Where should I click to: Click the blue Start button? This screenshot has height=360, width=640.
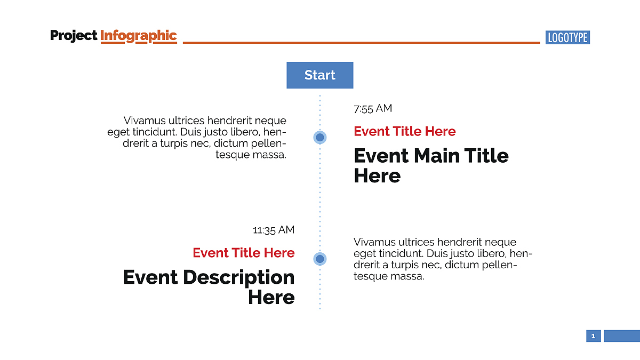pyautogui.click(x=319, y=75)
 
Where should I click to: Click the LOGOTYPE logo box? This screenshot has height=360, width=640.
pyautogui.click(x=567, y=37)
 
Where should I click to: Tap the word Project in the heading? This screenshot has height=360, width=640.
pyautogui.click(x=74, y=36)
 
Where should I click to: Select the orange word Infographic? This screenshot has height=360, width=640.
pyautogui.click(x=139, y=36)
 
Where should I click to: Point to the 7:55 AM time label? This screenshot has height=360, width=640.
pyautogui.click(x=373, y=109)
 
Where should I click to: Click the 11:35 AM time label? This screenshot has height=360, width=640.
pyautogui.click(x=274, y=230)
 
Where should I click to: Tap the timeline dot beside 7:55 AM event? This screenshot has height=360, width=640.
pyautogui.click(x=320, y=138)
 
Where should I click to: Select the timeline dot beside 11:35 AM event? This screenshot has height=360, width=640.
pyautogui.click(x=320, y=259)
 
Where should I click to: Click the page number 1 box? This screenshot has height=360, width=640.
pyautogui.click(x=594, y=336)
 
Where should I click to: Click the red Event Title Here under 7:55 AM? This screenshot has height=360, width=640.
pyautogui.click(x=405, y=131)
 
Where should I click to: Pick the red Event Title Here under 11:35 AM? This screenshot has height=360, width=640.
pyautogui.click(x=244, y=253)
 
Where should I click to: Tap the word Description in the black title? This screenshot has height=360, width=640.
pyautogui.click(x=238, y=278)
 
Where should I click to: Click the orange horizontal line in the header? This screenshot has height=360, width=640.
pyautogui.click(x=362, y=43)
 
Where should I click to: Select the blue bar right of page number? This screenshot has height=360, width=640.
pyautogui.click(x=622, y=336)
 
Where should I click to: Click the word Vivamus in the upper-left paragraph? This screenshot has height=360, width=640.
pyautogui.click(x=145, y=121)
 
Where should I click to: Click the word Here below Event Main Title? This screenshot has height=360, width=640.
pyautogui.click(x=377, y=175)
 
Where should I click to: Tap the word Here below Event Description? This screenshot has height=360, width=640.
pyautogui.click(x=271, y=298)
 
